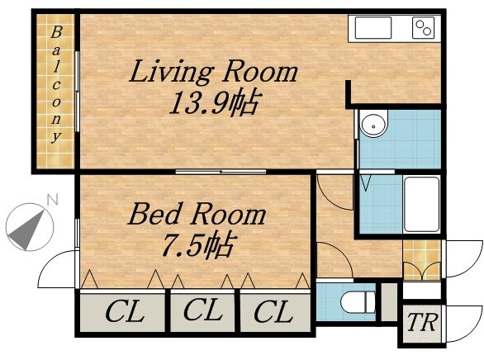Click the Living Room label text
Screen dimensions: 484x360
(x=213, y=73)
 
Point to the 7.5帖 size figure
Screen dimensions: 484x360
(x=197, y=245)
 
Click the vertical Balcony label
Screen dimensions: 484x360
(x=56, y=85)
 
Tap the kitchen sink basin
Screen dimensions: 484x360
(x=373, y=28)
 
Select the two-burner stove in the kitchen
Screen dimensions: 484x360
(x=423, y=27)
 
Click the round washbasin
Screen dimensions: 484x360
(x=374, y=123)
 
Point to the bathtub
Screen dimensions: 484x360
(x=422, y=204)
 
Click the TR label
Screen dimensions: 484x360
(x=423, y=322)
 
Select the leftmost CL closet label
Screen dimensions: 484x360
(x=125, y=311)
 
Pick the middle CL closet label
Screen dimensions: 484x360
(x=203, y=310)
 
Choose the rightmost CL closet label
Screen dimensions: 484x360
(x=273, y=311)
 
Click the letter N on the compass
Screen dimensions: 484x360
(x=52, y=200)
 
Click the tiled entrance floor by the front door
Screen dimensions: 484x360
(x=422, y=260)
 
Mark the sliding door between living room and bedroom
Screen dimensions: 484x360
(x=221, y=172)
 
